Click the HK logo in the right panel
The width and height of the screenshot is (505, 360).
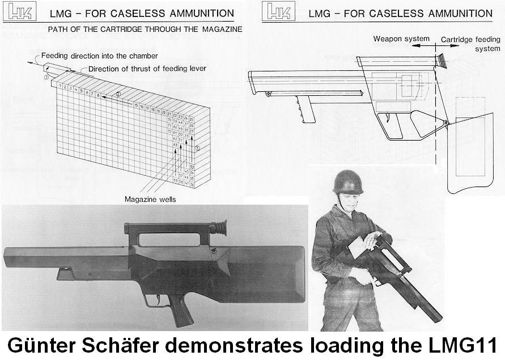278,12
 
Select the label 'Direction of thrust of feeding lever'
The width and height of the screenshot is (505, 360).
147,69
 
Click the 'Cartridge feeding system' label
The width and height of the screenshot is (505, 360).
470,44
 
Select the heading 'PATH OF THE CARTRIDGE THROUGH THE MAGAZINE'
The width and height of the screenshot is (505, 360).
145,29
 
